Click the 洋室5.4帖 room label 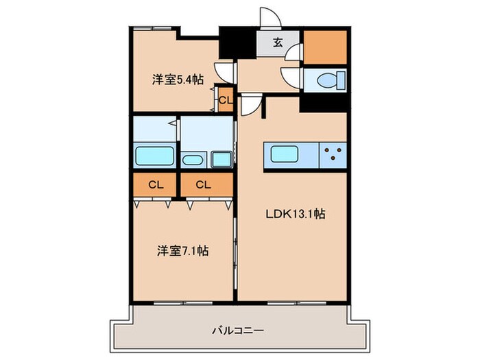pos(177,79)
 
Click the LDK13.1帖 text pos(295,214)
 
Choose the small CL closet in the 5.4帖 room pos(225,99)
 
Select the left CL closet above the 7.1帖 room pos(156,184)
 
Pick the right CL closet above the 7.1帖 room pos(203,184)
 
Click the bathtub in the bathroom pos(156,155)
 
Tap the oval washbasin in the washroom pos(192,160)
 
